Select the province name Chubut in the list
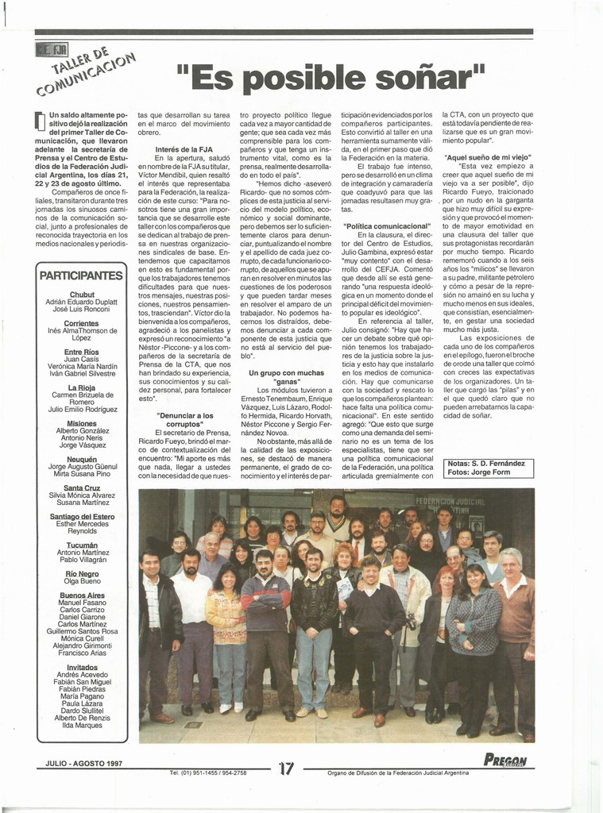point(82,295)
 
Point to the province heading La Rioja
point(82,387)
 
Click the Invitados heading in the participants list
point(82,667)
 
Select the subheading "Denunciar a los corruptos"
point(184,420)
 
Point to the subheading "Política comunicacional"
point(387,226)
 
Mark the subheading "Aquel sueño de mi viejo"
point(488,157)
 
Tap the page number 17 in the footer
point(287,768)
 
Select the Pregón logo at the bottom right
point(506,760)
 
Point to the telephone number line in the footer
point(208,773)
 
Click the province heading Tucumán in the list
point(82,545)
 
